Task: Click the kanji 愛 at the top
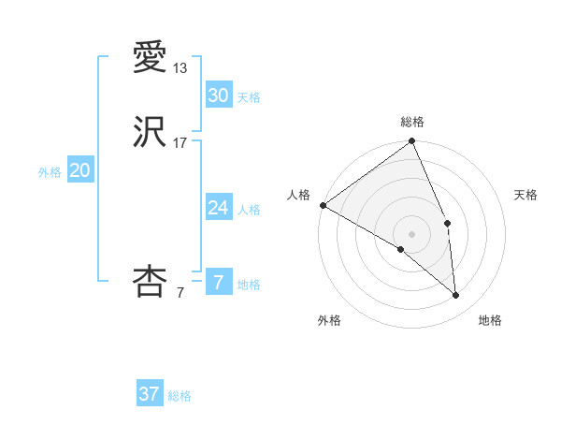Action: coord(151,58)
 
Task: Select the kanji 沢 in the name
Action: coord(151,132)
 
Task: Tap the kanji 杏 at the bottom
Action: coord(151,282)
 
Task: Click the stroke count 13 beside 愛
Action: coord(180,68)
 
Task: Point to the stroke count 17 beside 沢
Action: coord(180,143)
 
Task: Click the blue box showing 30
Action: coord(218,95)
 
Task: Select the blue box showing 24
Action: coord(218,208)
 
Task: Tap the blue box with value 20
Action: coord(79,170)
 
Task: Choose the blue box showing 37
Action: coord(149,394)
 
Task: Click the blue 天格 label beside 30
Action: coord(249,97)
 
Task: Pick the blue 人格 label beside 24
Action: coord(249,210)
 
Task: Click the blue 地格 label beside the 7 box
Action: coord(249,285)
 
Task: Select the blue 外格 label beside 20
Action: coord(50,172)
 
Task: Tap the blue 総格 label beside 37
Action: coord(180,396)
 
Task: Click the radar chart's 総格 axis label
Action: coord(412,122)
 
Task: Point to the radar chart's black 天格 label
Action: coord(526,195)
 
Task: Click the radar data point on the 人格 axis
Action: coord(323,205)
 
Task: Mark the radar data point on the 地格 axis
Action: coord(455,295)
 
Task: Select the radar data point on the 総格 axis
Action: coord(412,142)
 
